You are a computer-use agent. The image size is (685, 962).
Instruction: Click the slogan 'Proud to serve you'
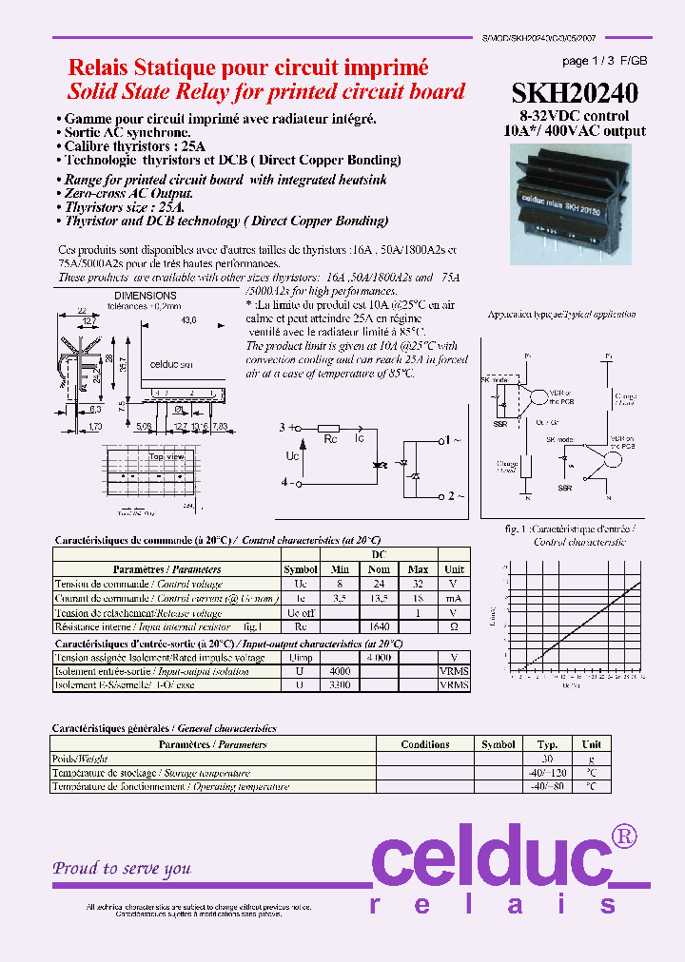122,868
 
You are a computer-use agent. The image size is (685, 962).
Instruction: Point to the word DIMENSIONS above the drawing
145,297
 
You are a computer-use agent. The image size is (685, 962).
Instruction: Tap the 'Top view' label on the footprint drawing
165,456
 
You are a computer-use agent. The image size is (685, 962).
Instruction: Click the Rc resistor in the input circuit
329,428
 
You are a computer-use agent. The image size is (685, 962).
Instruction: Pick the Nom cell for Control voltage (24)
379,584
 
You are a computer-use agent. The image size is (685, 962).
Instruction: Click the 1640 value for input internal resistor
379,627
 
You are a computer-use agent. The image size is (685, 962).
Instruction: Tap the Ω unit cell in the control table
454,627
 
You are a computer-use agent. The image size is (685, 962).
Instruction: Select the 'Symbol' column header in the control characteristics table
301,569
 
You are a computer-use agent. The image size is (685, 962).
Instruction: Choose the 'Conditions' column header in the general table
425,744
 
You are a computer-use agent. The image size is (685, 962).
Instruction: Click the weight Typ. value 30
547,759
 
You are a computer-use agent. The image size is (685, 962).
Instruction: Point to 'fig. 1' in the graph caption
517,528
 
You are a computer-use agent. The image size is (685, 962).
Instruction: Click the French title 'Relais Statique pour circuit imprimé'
247,67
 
